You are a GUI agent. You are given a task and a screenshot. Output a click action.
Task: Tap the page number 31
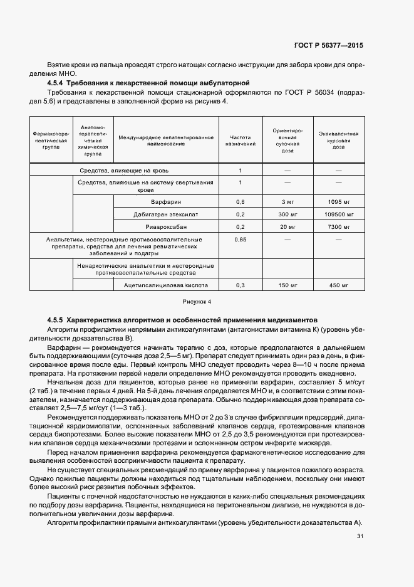pyautogui.click(x=360, y=536)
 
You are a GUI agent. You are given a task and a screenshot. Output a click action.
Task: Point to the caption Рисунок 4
pyautogui.click(x=197, y=302)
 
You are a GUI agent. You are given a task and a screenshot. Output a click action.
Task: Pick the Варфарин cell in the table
pyautogui.click(x=166, y=202)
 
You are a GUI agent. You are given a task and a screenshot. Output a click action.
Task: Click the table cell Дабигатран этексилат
pyautogui.click(x=166, y=214)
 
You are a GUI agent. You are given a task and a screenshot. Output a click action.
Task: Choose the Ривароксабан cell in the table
pyautogui.click(x=166, y=226)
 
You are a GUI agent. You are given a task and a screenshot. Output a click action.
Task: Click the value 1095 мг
pyautogui.click(x=338, y=202)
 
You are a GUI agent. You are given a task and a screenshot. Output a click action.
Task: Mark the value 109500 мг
pyautogui.click(x=338, y=214)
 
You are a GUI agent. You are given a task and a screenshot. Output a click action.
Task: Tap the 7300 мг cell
pyautogui.click(x=338, y=226)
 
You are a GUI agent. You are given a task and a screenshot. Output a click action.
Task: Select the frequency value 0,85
pyautogui.click(x=240, y=240)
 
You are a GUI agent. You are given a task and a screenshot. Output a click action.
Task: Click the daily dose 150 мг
pyautogui.click(x=288, y=285)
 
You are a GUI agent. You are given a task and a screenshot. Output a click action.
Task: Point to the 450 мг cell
pyautogui.click(x=338, y=285)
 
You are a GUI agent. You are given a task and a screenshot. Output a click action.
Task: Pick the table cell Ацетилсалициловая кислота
pyautogui.click(x=166, y=285)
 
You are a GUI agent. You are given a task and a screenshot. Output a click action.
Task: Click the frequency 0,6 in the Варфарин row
pyautogui.click(x=240, y=202)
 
